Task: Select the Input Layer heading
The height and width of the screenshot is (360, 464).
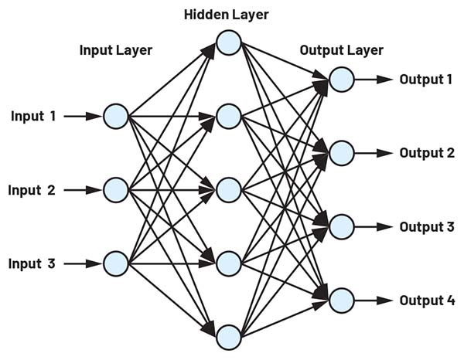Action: click(116, 51)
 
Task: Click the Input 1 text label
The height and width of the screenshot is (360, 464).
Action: click(32, 117)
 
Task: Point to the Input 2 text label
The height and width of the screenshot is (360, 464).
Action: click(32, 189)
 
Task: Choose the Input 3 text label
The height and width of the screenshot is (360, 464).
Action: click(32, 263)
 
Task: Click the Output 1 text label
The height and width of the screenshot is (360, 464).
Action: click(426, 80)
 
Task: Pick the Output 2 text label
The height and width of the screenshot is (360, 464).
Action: click(426, 152)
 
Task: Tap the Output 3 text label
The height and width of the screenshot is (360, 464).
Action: click(426, 226)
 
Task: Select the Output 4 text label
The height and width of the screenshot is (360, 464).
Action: click(426, 300)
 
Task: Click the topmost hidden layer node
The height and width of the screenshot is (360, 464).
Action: click(228, 42)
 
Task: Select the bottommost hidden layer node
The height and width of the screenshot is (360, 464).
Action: click(228, 337)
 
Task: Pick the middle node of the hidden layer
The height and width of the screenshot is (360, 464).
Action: click(228, 189)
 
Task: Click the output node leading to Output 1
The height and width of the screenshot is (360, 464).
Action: click(341, 80)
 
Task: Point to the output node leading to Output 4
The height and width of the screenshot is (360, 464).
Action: click(341, 300)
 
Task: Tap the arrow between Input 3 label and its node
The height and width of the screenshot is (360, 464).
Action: click(82, 263)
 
